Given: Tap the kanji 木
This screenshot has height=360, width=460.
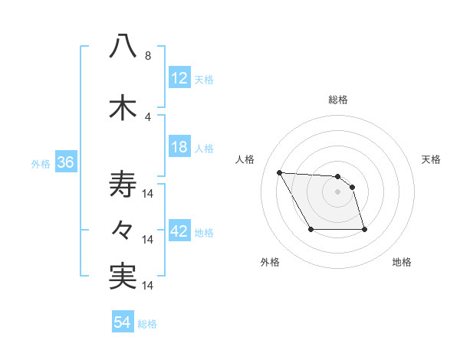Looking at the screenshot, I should point(123,108).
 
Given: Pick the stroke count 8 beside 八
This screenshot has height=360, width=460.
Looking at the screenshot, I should point(148,56).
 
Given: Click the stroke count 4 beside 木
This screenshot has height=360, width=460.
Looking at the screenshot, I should point(148,117).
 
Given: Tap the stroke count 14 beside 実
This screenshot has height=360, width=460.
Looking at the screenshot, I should point(149,286).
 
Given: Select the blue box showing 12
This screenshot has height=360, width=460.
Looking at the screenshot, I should point(179,78).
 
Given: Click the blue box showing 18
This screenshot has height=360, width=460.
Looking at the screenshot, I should point(179,147).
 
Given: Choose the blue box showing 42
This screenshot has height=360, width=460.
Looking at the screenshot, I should point(179,231).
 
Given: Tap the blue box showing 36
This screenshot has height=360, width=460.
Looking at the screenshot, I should point(65,162).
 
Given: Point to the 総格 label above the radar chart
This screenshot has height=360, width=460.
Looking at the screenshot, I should point(338,100).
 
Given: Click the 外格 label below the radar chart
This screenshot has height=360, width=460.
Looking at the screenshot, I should point(270,262).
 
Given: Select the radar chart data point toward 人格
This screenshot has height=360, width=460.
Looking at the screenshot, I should point(280,172).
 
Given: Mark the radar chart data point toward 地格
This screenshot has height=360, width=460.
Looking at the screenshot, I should point(364,229).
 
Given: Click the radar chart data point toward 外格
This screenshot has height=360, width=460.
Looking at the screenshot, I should point(310,229).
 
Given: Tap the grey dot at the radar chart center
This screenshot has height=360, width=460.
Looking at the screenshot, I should point(337,191).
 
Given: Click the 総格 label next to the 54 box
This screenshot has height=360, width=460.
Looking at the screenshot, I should point(148,324).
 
